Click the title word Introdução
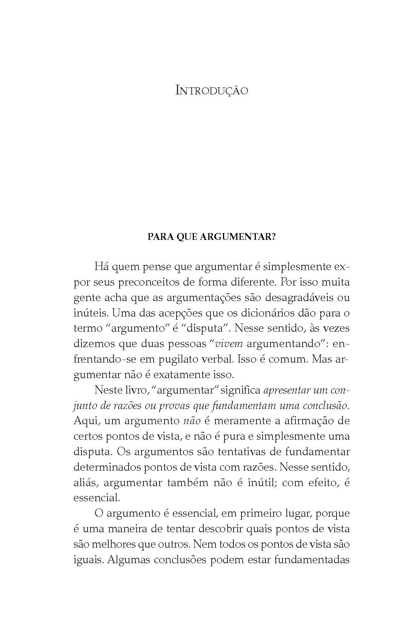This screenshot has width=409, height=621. point(212,91)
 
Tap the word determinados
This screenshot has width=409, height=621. point(107,467)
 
